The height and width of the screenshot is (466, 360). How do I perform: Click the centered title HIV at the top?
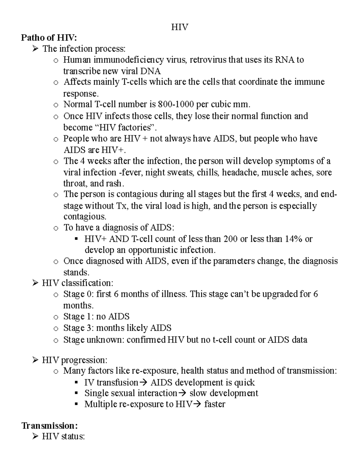[180, 27]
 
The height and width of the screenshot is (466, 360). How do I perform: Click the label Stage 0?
[78, 294]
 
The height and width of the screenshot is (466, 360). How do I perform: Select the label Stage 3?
[79, 328]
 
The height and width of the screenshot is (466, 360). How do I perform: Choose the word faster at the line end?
[214, 404]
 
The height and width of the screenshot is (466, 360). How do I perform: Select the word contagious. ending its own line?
[85, 216]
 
